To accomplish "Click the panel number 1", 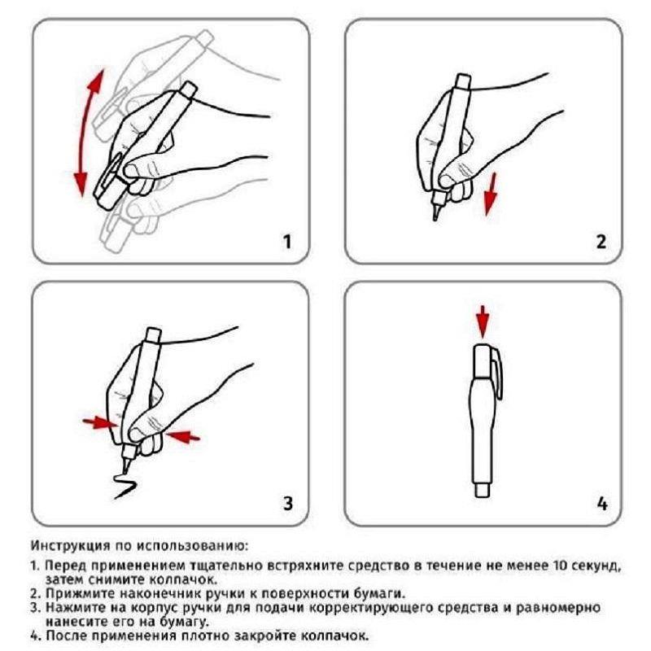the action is click(287, 242).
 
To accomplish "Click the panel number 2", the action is click(601, 242).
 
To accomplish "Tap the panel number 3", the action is click(288, 503).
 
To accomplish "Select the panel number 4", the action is click(601, 504).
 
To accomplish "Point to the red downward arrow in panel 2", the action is click(492, 194).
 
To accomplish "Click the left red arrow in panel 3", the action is click(100, 423).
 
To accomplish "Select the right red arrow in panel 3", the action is click(182, 436).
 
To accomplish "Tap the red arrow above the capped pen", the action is click(483, 321).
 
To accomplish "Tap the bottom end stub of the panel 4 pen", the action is click(482, 490).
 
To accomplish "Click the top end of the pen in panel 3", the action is click(153, 334).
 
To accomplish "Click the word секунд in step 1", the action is click(595, 566).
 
